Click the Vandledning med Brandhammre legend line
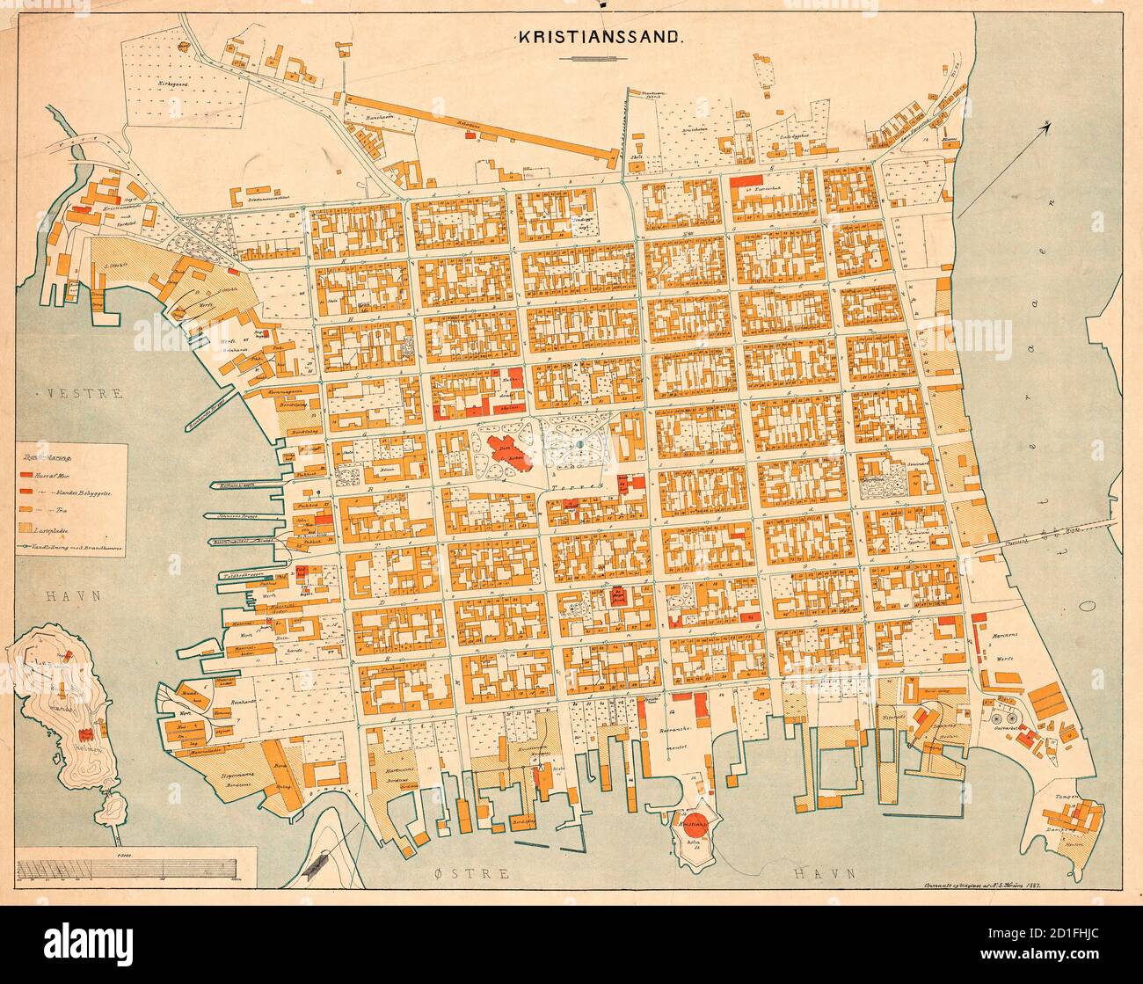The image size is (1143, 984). point(70,548)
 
